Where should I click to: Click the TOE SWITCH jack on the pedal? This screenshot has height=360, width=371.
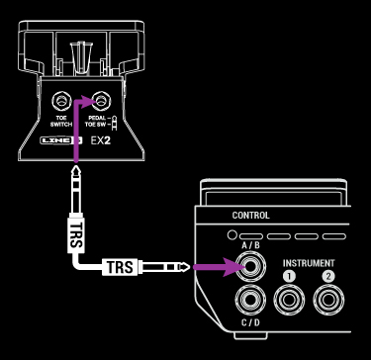pos(62,101)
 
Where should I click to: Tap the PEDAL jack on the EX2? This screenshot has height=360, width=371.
pos(98,101)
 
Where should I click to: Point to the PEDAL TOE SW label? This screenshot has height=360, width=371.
pos(99,125)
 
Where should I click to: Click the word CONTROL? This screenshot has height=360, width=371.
pos(250,216)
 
